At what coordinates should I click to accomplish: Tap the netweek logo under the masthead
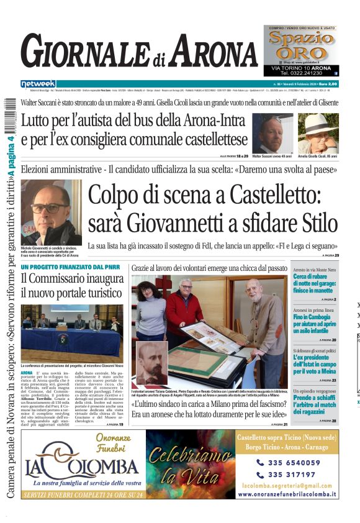tap(38, 84)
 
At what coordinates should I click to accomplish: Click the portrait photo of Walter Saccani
tap(272, 134)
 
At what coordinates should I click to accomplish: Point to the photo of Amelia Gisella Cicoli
tap(318, 134)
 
